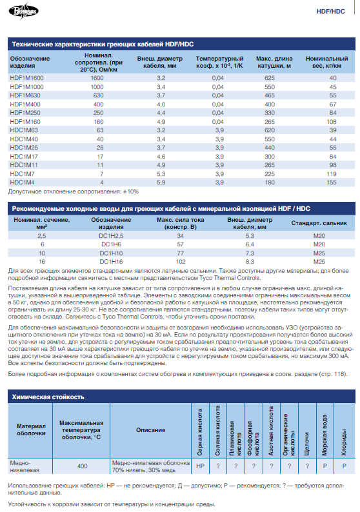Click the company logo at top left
point(23,11)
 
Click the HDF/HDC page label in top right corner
point(330,12)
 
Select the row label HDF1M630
point(25,95)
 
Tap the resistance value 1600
point(97,78)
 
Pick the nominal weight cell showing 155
point(332,182)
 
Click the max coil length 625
point(270,78)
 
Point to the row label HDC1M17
point(24,157)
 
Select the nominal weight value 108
point(332,122)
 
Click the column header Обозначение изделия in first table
point(30,62)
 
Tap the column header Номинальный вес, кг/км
point(326,62)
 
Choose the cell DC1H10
point(111,253)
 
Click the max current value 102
point(181,262)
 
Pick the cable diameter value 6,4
point(250,244)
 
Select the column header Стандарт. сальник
point(319,223)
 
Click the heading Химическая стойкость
point(48,397)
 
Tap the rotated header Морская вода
point(325,435)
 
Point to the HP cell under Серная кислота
point(200,466)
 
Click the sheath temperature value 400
point(83,466)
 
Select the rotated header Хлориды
point(344,442)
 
